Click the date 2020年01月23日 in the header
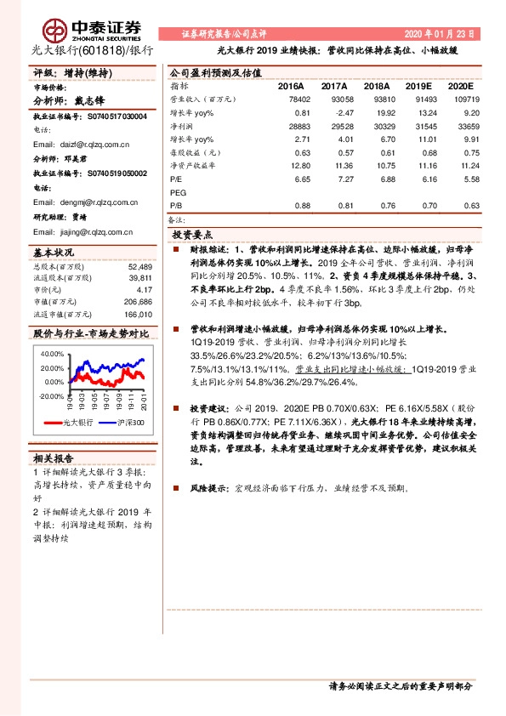coord(441,34)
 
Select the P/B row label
coord(177,205)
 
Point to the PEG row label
coord(179,193)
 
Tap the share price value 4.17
coord(144,289)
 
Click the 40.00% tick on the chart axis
coord(52,353)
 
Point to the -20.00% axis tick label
coord(50,395)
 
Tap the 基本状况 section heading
coord(54,253)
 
